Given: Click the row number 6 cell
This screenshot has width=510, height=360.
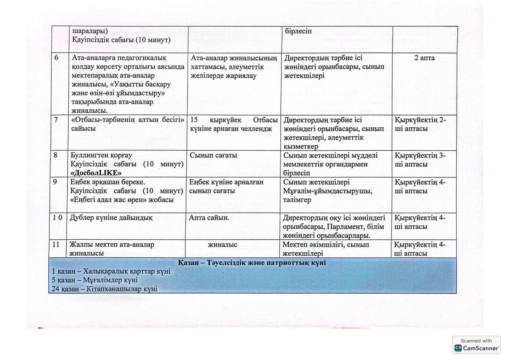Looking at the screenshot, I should pyautogui.click(x=56, y=58).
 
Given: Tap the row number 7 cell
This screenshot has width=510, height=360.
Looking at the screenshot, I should pyautogui.click(x=56, y=120).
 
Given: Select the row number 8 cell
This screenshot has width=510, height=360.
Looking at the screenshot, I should pyautogui.click(x=56, y=155).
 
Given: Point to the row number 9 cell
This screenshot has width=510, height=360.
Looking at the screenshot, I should pyautogui.click(x=55, y=182).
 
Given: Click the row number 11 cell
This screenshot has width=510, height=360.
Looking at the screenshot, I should pyautogui.click(x=56, y=245).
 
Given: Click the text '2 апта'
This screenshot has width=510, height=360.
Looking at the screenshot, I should pyautogui.click(x=424, y=58).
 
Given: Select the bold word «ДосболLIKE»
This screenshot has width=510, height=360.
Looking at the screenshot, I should pyautogui.click(x=96, y=173).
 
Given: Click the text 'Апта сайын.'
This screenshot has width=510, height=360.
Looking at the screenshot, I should pyautogui.click(x=209, y=218).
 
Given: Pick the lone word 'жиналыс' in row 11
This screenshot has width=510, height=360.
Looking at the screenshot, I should pyautogui.click(x=222, y=245).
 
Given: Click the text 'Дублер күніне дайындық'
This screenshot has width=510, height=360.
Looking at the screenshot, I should pyautogui.click(x=111, y=218).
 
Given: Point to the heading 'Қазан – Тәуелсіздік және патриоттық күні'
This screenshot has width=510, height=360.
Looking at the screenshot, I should pyautogui.click(x=252, y=263).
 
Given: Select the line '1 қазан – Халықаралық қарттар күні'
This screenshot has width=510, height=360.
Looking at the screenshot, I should pyautogui.click(x=111, y=271).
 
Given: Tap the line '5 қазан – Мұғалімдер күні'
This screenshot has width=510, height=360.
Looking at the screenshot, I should pyautogui.click(x=95, y=280).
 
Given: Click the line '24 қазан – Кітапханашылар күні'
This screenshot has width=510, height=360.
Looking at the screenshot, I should pyautogui.click(x=105, y=289).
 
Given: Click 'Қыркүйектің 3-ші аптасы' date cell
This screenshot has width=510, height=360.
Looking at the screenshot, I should pyautogui.click(x=420, y=160).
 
